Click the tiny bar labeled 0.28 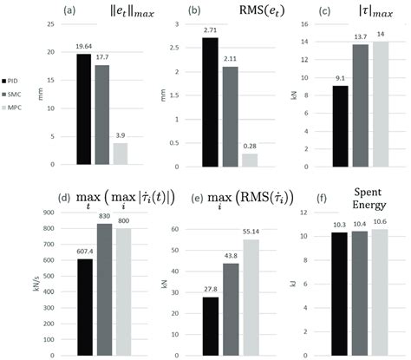coord(251,159)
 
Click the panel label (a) coord(64,10)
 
